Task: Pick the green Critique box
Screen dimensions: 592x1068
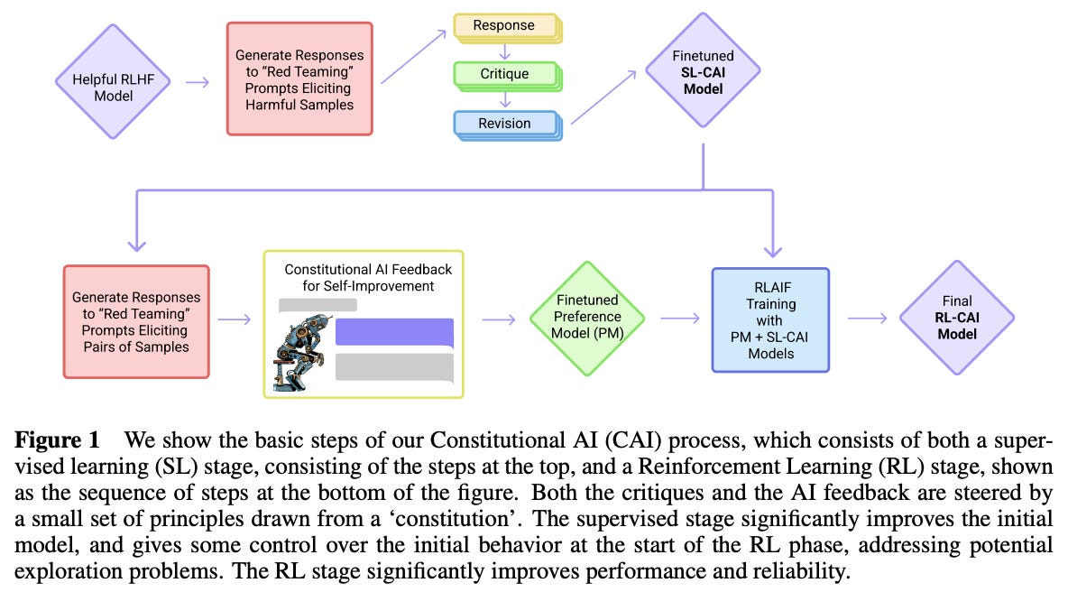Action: click(x=505, y=74)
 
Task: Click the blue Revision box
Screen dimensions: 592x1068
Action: click(x=505, y=123)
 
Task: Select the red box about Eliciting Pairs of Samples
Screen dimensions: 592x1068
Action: click(x=136, y=320)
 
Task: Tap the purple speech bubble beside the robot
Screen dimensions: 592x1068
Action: click(x=393, y=332)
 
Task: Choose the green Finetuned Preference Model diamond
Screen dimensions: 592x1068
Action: click(x=587, y=318)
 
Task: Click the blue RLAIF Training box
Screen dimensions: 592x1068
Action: click(x=769, y=319)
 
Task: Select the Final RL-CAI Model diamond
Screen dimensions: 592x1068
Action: click(x=956, y=319)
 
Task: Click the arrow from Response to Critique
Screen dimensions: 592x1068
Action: click(x=505, y=51)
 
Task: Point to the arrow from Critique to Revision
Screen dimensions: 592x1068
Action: click(x=505, y=98)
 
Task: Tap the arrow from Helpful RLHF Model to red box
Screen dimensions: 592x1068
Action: click(x=196, y=81)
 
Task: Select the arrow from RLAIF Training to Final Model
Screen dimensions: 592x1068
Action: click(x=865, y=318)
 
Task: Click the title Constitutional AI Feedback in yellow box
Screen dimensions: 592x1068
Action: click(x=368, y=278)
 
